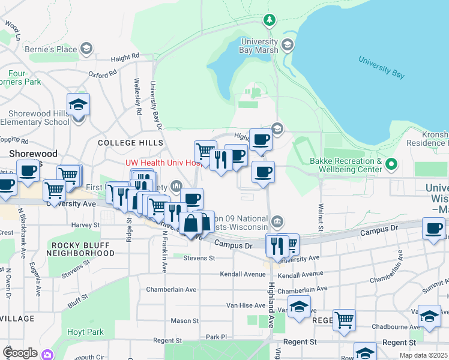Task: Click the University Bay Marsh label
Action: pyautogui.click(x=259, y=46)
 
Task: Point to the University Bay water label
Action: pyautogui.click(x=381, y=67)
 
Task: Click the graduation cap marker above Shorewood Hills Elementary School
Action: pyautogui.click(x=79, y=105)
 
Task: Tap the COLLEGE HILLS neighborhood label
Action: pyautogui.click(x=130, y=143)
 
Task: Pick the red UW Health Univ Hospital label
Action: pyautogui.click(x=162, y=163)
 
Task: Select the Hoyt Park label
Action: pyautogui.click(x=85, y=332)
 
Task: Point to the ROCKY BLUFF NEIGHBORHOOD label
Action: pyautogui.click(x=83, y=249)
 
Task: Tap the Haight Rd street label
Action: pyautogui.click(x=125, y=58)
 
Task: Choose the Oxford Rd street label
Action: pyautogui.click(x=102, y=75)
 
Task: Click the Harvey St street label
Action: pyautogui.click(x=85, y=226)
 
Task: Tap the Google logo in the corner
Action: pyautogui.click(x=20, y=353)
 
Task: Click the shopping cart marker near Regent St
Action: pyautogui.click(x=344, y=319)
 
